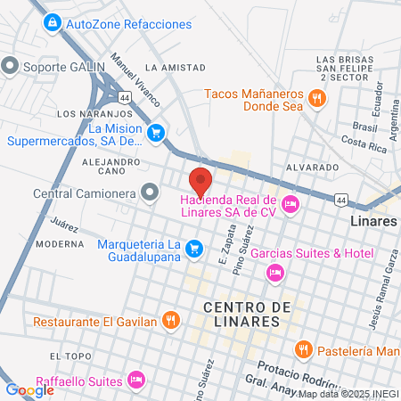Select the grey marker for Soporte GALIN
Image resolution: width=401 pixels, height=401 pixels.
[11, 65]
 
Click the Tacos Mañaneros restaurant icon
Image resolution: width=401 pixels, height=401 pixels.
[316, 98]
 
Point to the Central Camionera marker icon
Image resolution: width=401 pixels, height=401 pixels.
[149, 192]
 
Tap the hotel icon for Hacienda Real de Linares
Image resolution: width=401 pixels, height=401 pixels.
[290, 206]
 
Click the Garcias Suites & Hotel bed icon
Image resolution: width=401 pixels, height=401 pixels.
[275, 271]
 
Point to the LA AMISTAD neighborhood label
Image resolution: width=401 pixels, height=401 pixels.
[168, 67]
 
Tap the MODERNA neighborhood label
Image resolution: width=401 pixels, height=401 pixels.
[60, 243]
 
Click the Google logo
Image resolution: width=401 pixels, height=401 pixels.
[30, 389]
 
